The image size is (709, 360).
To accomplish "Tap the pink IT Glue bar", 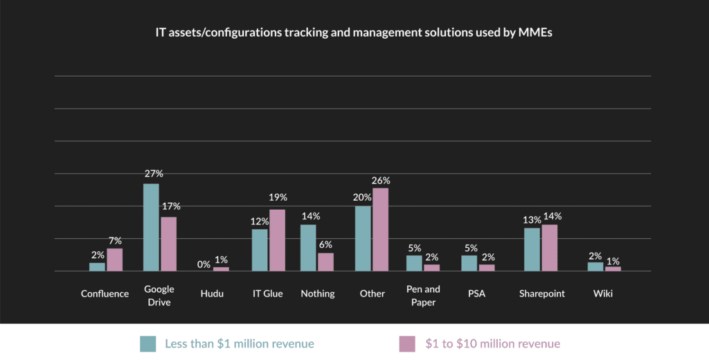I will (277, 240).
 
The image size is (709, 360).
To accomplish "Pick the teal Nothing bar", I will (308, 248).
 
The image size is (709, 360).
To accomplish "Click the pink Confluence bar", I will (115, 260).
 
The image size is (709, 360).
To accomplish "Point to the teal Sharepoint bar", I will (532, 249).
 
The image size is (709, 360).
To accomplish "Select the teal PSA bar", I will (469, 263).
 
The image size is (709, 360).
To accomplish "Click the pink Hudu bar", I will (221, 269).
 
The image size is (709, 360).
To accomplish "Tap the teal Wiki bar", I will (595, 267).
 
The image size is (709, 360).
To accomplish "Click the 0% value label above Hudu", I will (204, 264).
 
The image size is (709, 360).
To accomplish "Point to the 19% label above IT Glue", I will (278, 198).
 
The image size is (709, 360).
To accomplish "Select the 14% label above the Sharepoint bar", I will (552, 216).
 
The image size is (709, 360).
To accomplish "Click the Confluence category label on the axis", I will (105, 294).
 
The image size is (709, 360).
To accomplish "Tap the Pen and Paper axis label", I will (422, 296).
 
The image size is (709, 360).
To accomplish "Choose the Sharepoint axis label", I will (542, 294).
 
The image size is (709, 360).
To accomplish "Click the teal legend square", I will (147, 343).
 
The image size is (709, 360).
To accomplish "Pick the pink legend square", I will (406, 343).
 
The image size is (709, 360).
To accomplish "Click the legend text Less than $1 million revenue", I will (240, 343).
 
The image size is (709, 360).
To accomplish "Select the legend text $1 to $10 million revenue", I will (492, 343).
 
